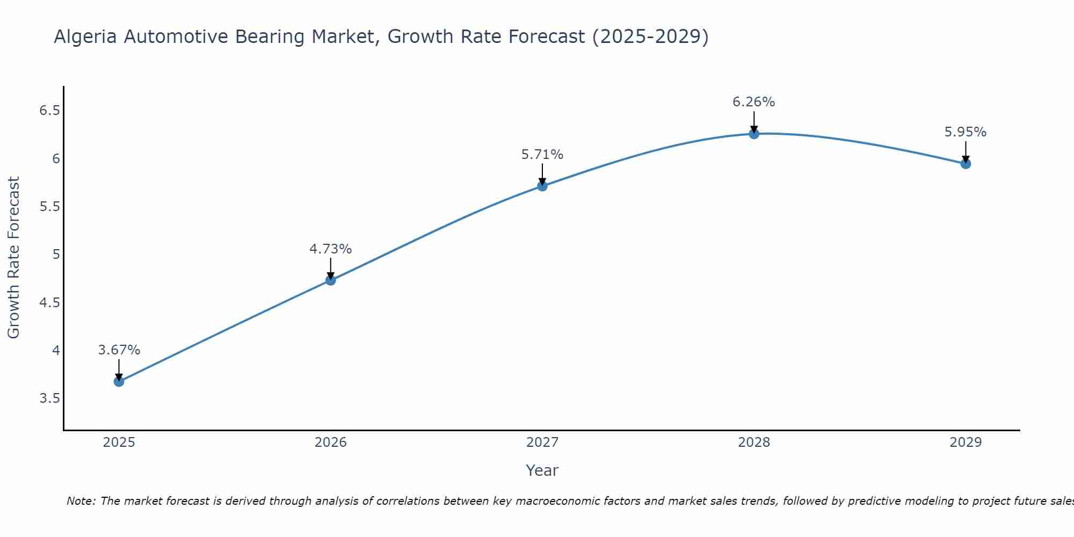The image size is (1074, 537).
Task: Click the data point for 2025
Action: pyautogui.click(x=119, y=382)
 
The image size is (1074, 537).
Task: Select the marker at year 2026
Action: pyautogui.click(x=331, y=280)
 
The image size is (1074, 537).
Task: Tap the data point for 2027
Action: pyautogui.click(x=542, y=186)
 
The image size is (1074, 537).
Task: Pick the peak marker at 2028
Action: pyautogui.click(x=754, y=134)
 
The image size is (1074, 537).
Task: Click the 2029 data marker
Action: pyautogui.click(x=966, y=164)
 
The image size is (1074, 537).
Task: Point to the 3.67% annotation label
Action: pyautogui.click(x=119, y=350)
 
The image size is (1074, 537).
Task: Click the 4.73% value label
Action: pyautogui.click(x=331, y=249)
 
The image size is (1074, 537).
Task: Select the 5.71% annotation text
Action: pyautogui.click(x=542, y=155)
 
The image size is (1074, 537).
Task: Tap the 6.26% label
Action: pyautogui.click(x=754, y=102)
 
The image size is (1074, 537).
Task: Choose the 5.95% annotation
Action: pyautogui.click(x=966, y=132)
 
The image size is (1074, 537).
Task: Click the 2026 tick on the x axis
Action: pyautogui.click(x=331, y=442)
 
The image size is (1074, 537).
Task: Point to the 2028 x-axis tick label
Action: pyautogui.click(x=754, y=442)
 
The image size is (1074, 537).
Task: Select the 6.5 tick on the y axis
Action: pyautogui.click(x=49, y=111)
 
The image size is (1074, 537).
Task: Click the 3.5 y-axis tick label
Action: pyautogui.click(x=49, y=398)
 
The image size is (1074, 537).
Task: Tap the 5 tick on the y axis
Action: pyautogui.click(x=56, y=255)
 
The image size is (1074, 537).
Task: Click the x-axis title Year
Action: pyautogui.click(x=542, y=470)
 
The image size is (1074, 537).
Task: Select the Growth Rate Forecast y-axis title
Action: pyautogui.click(x=14, y=258)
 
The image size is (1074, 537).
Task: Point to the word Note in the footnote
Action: pyautogui.click(x=81, y=501)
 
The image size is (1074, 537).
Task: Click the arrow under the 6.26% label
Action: pyautogui.click(x=754, y=121)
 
